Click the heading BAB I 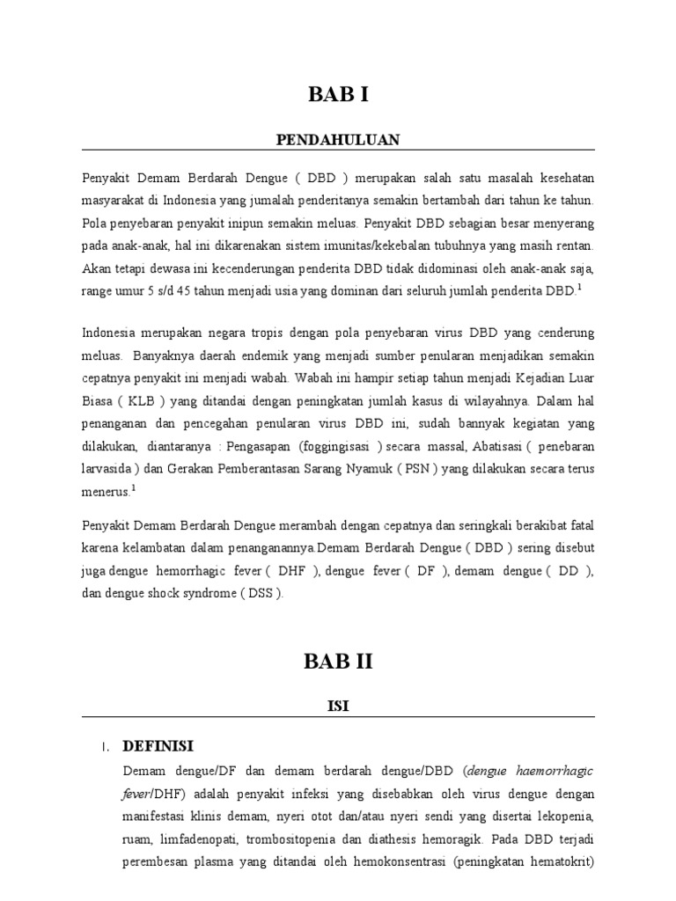click(338, 96)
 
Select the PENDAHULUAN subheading click(338, 139)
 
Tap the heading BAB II click(339, 663)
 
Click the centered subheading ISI click(339, 706)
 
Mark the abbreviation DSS click(261, 593)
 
